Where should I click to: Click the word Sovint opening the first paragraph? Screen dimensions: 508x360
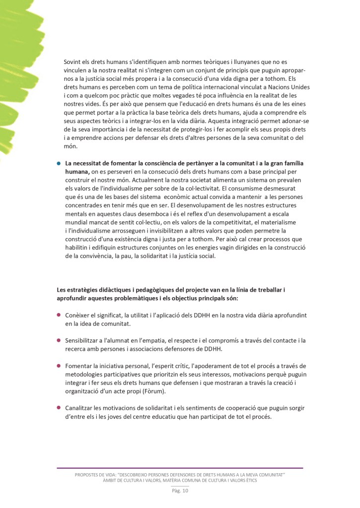pyautogui.click(x=73, y=62)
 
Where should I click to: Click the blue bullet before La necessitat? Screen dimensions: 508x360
pyautogui.click(x=58, y=163)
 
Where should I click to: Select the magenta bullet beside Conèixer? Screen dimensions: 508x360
pyautogui.click(x=59, y=315)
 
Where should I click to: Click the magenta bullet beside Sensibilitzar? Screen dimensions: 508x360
pyautogui.click(x=59, y=340)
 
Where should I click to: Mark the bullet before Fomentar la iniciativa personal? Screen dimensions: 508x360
pyautogui.click(x=59, y=366)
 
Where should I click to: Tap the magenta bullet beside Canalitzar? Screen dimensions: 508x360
pyautogui.click(x=59, y=408)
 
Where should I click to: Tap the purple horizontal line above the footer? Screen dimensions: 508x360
pyautogui.click(x=180, y=468)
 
